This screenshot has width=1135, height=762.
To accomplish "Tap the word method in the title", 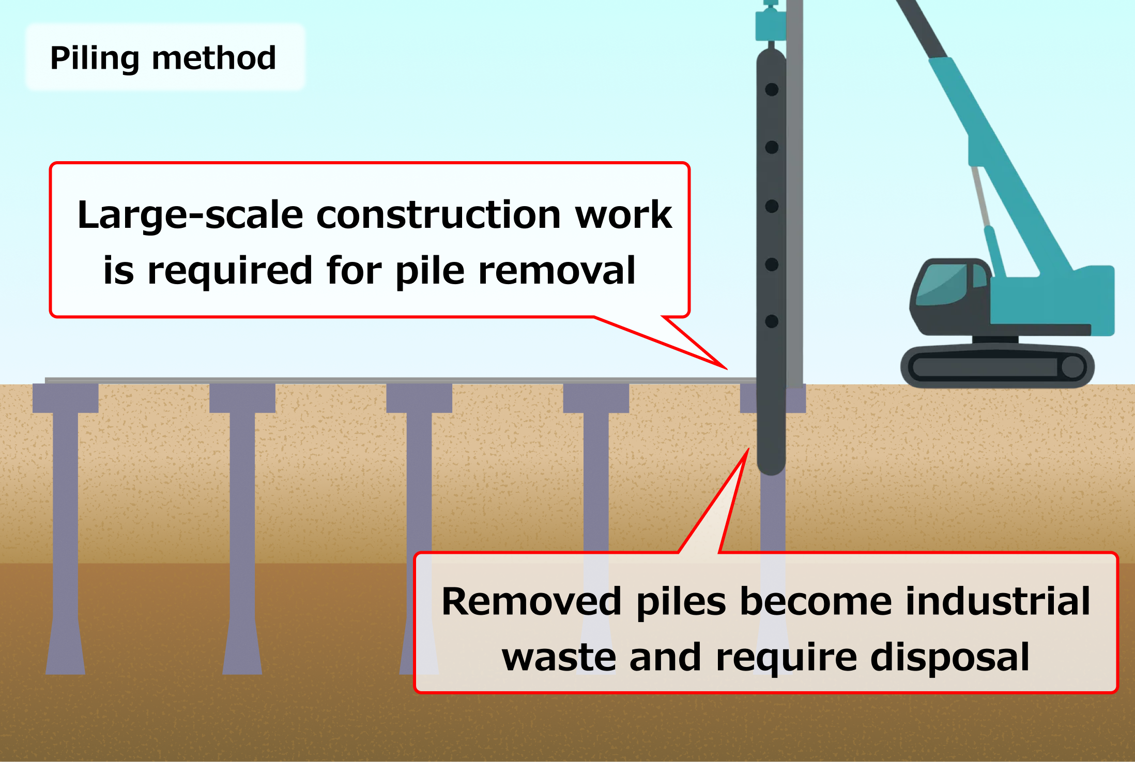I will (x=214, y=58).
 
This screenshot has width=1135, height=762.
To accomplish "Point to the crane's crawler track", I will (x=997, y=367).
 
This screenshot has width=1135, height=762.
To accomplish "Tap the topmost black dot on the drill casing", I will (x=772, y=90).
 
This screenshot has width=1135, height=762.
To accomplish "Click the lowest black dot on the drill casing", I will (x=772, y=321).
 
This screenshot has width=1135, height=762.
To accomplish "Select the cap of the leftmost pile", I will (x=66, y=398).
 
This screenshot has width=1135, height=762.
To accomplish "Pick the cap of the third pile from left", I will (x=419, y=398).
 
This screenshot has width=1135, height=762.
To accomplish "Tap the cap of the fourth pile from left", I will (x=596, y=398).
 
